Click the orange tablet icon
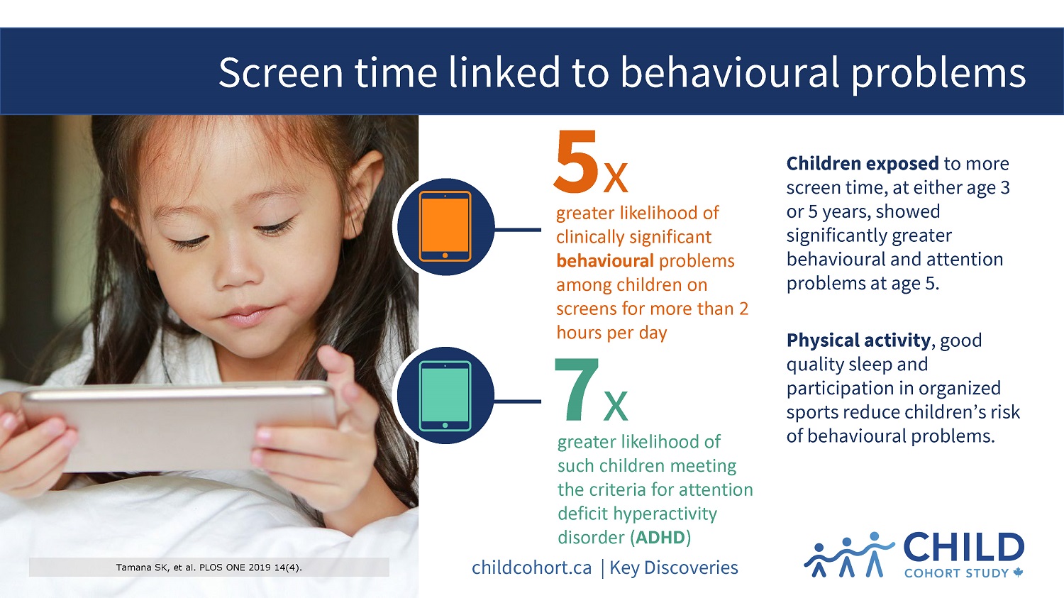point(445,226)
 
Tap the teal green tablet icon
point(445,396)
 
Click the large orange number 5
point(576,162)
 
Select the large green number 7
point(576,390)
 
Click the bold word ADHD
point(660,538)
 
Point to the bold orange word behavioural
point(605,261)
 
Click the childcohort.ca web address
point(531,567)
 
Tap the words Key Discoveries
point(674,567)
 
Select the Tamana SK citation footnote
point(209,567)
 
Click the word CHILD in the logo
point(963,548)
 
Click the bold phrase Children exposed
point(862,164)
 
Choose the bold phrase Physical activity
point(858,340)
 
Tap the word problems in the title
point(938,72)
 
